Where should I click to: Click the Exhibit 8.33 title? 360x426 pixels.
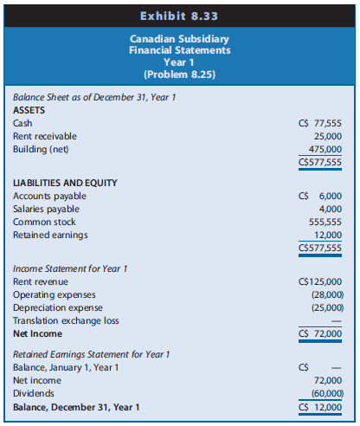click(x=180, y=15)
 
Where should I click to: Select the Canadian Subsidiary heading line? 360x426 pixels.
click(x=180, y=39)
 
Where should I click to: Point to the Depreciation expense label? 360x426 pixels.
click(x=54, y=307)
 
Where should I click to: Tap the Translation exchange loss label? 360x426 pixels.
click(x=61, y=319)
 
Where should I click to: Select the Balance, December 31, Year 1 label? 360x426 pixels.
click(x=75, y=406)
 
